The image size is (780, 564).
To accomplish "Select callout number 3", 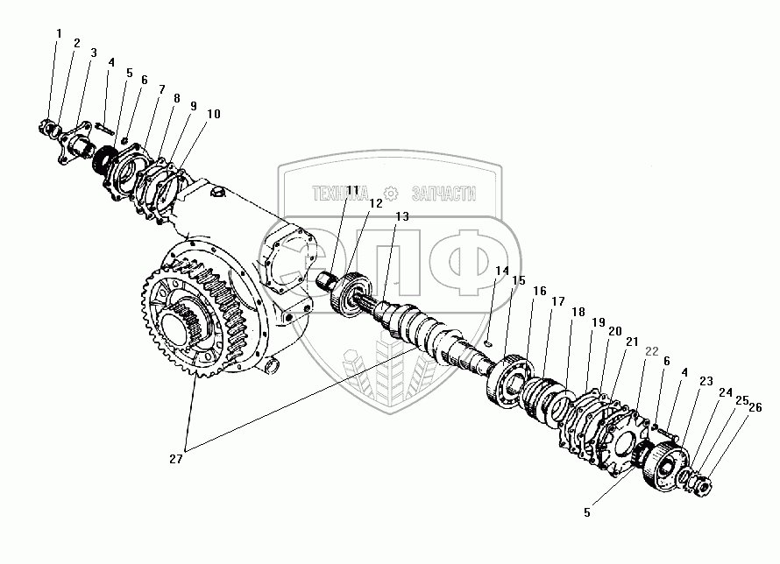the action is coord(93,53).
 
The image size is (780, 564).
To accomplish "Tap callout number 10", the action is coord(213,113).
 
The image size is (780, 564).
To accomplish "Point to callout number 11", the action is coord(351,191).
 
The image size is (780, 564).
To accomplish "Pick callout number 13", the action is coord(401,216).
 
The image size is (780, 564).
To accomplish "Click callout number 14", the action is coord(501,271).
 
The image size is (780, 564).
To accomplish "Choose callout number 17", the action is coord(557,300).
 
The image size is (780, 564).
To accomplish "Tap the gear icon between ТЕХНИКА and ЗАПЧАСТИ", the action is coord(392,192).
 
